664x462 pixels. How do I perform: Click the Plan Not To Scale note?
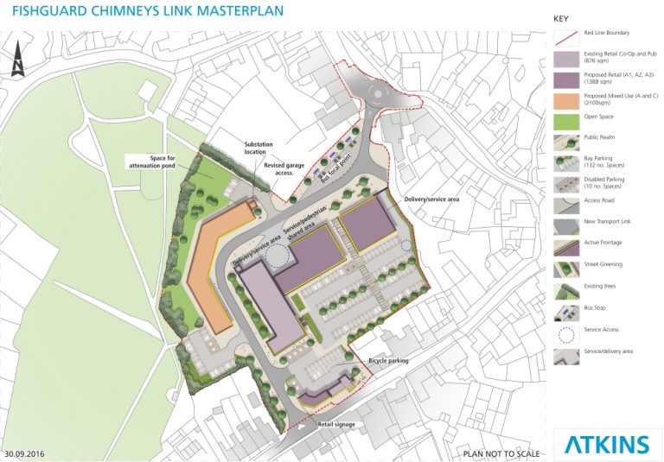(501, 453)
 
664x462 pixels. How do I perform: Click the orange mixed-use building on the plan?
(208, 264)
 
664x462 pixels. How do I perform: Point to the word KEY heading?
(561, 17)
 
